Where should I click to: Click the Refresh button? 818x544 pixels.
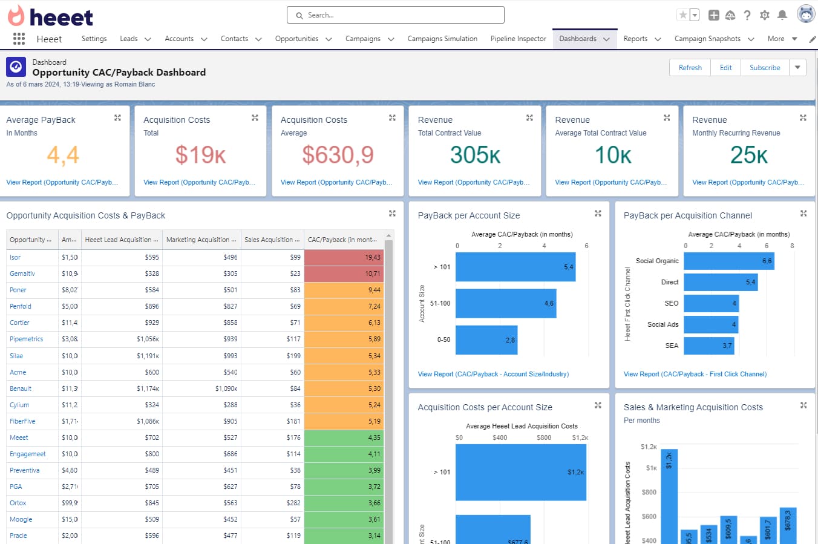(690, 68)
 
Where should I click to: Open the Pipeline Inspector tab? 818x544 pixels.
(518, 39)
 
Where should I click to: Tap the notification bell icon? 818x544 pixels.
(782, 15)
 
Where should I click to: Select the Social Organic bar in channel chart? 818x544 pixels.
(728, 261)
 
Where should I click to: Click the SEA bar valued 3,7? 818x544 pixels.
(708, 346)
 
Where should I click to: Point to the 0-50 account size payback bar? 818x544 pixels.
(486, 340)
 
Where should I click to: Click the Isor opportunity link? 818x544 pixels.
(15, 257)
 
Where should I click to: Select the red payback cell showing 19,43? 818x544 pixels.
(344, 257)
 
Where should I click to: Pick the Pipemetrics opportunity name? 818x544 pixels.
(27, 339)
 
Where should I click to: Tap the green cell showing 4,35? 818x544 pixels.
(344, 437)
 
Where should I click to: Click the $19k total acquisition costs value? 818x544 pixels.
(200, 155)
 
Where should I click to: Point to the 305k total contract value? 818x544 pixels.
(475, 155)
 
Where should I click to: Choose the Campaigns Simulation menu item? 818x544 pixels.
(442, 39)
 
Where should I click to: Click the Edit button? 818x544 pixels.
(725, 68)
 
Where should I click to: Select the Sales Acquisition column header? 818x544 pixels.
(272, 240)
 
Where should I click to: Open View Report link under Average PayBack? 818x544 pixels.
(62, 182)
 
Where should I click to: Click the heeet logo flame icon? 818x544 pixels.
(16, 16)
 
